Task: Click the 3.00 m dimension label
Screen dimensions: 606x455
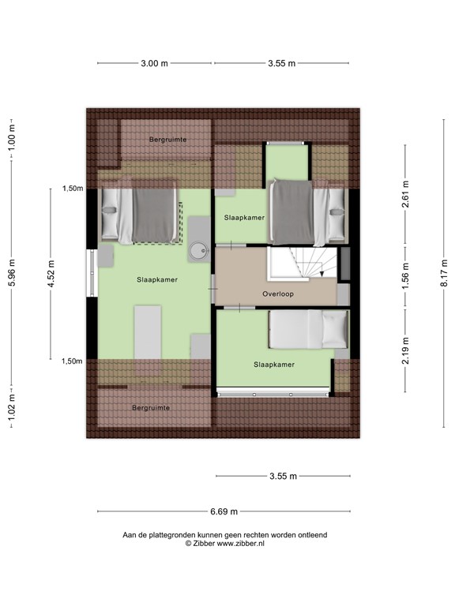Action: coord(154,64)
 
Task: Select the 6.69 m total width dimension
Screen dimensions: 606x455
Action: coord(225,511)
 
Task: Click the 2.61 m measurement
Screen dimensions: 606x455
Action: coord(404,194)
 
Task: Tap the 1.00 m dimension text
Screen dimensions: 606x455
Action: coord(11,139)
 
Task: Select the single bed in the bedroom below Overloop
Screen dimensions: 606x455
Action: coord(308,329)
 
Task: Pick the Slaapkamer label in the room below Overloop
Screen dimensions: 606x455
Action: coord(274,365)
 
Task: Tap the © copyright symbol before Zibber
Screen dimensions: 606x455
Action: coord(188,544)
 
